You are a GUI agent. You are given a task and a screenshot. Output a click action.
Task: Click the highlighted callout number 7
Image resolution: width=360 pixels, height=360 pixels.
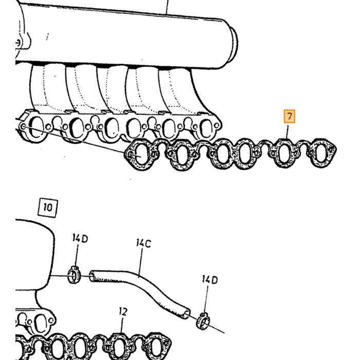coord(289,116)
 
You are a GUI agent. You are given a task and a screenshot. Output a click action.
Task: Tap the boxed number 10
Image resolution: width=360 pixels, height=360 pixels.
coord(48,208)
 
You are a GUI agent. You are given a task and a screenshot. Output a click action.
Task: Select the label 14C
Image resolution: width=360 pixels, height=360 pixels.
coord(143,243)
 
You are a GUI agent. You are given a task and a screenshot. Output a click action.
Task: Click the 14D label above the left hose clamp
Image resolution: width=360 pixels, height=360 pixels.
coord(80,238)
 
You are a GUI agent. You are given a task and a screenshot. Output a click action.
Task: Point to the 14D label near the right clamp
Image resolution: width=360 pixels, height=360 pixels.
coord(210,279)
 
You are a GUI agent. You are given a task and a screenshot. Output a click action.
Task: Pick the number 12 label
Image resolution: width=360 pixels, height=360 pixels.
coord(123,312)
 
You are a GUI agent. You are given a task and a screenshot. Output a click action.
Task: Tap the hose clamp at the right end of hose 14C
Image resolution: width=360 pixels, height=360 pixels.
coord(203,321)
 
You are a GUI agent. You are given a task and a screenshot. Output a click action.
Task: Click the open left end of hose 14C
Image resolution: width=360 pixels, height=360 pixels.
coord(92,276)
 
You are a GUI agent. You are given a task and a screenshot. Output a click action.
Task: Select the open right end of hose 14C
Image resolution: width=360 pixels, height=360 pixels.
coord(187,314)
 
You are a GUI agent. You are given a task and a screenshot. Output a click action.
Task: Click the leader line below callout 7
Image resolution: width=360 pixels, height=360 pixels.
coord(287,131)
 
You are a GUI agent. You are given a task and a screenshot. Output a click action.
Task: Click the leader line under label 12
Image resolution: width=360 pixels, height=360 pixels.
coord(122,325)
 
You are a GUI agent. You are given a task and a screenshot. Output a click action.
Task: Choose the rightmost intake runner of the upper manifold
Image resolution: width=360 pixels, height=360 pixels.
coord(180,92)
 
